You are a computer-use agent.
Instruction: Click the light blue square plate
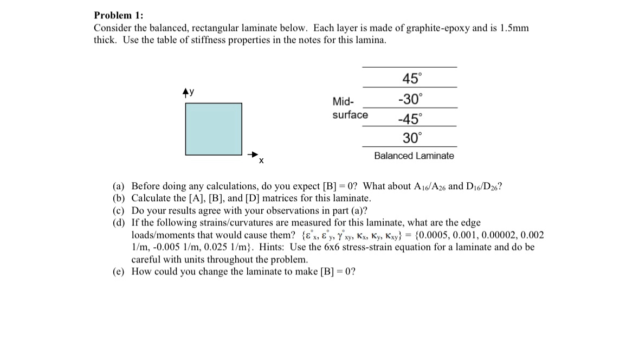point(214,129)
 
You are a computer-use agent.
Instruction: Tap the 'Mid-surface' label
point(350,108)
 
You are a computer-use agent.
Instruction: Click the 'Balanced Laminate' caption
point(414,156)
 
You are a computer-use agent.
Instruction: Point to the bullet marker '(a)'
point(118,187)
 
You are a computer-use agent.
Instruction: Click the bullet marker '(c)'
point(118,210)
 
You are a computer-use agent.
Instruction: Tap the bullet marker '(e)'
point(118,271)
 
